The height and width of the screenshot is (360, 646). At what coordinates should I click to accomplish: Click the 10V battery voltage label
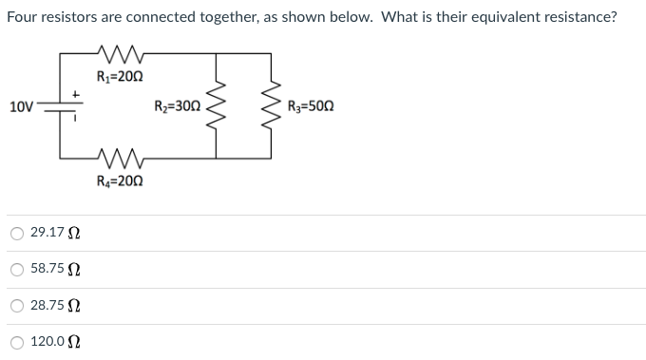tap(19, 106)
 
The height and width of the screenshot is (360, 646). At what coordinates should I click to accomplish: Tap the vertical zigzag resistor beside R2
tap(220, 105)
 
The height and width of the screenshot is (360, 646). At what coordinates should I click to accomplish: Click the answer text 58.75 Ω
tap(55, 270)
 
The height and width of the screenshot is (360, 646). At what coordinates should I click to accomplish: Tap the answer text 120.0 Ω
tap(55, 342)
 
